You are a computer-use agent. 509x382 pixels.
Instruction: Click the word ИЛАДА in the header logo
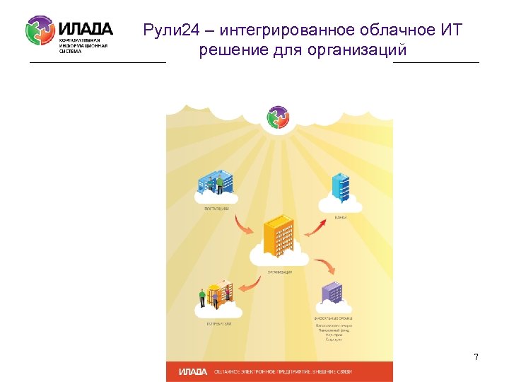(x=85, y=29)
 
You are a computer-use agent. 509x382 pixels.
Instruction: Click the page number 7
(x=476, y=357)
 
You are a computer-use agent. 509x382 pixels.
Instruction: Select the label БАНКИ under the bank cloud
(x=341, y=218)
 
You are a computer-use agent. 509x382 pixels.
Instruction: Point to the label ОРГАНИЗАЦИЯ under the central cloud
(x=279, y=272)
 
